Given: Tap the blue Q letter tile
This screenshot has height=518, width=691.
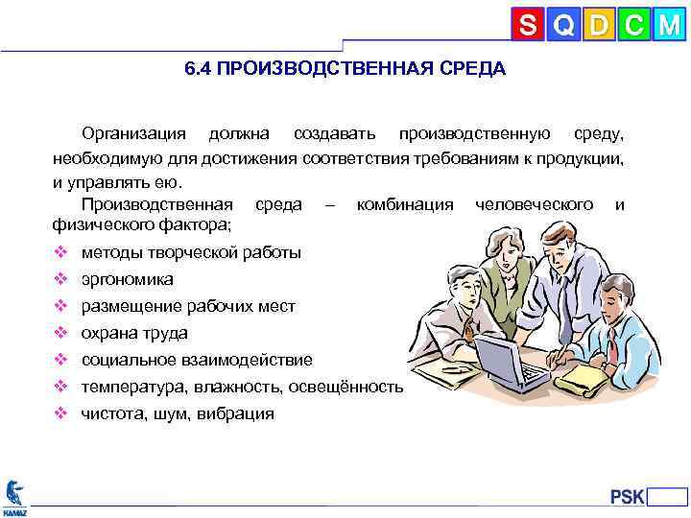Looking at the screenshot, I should click(564, 25).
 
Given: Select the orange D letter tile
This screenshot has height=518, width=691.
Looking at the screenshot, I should click(599, 25).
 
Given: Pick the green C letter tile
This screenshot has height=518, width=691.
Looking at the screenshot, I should click(633, 25).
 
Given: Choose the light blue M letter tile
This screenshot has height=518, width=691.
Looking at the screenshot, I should click(668, 25).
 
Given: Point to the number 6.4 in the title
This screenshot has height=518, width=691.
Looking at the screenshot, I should click(199, 70).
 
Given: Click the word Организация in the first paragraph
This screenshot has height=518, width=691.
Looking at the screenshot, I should click(132, 131).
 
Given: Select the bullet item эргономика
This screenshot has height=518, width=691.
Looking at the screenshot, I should click(127, 280).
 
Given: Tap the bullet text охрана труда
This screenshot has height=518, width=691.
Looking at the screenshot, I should click(134, 334).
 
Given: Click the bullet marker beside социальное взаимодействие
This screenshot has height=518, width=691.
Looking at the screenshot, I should click(60, 361).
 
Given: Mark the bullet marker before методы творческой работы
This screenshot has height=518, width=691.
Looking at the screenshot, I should click(60, 253).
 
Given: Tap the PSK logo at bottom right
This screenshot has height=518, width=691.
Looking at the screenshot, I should click(629, 496).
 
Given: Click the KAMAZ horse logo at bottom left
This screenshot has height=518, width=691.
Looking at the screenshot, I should click(14, 497).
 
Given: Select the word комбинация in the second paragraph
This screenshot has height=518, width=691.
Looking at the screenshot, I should click(404, 204).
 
